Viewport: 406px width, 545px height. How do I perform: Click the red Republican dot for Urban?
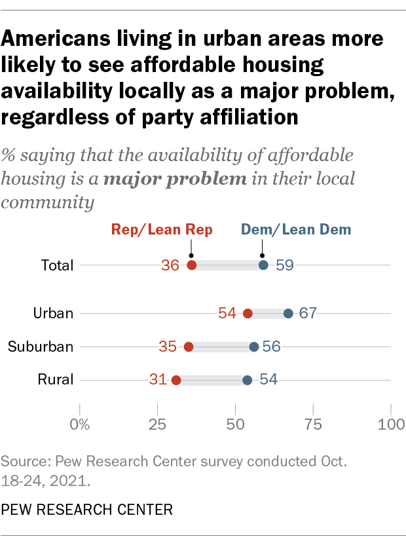[248, 313]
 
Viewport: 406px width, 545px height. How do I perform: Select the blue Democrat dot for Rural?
[247, 380]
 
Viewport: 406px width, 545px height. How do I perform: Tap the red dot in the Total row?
[191, 265]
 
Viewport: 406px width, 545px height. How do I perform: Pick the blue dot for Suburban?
[253, 347]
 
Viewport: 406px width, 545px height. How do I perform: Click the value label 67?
[308, 313]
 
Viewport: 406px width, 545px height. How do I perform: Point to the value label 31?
[158, 380]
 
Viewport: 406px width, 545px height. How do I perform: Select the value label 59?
[284, 265]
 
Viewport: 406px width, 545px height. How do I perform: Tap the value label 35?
[168, 347]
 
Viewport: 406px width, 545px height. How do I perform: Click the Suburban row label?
[41, 347]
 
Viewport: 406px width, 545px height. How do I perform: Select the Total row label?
[56, 265]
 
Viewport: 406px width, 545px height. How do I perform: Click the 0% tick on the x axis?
[80, 424]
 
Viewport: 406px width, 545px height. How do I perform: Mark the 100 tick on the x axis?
[391, 424]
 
